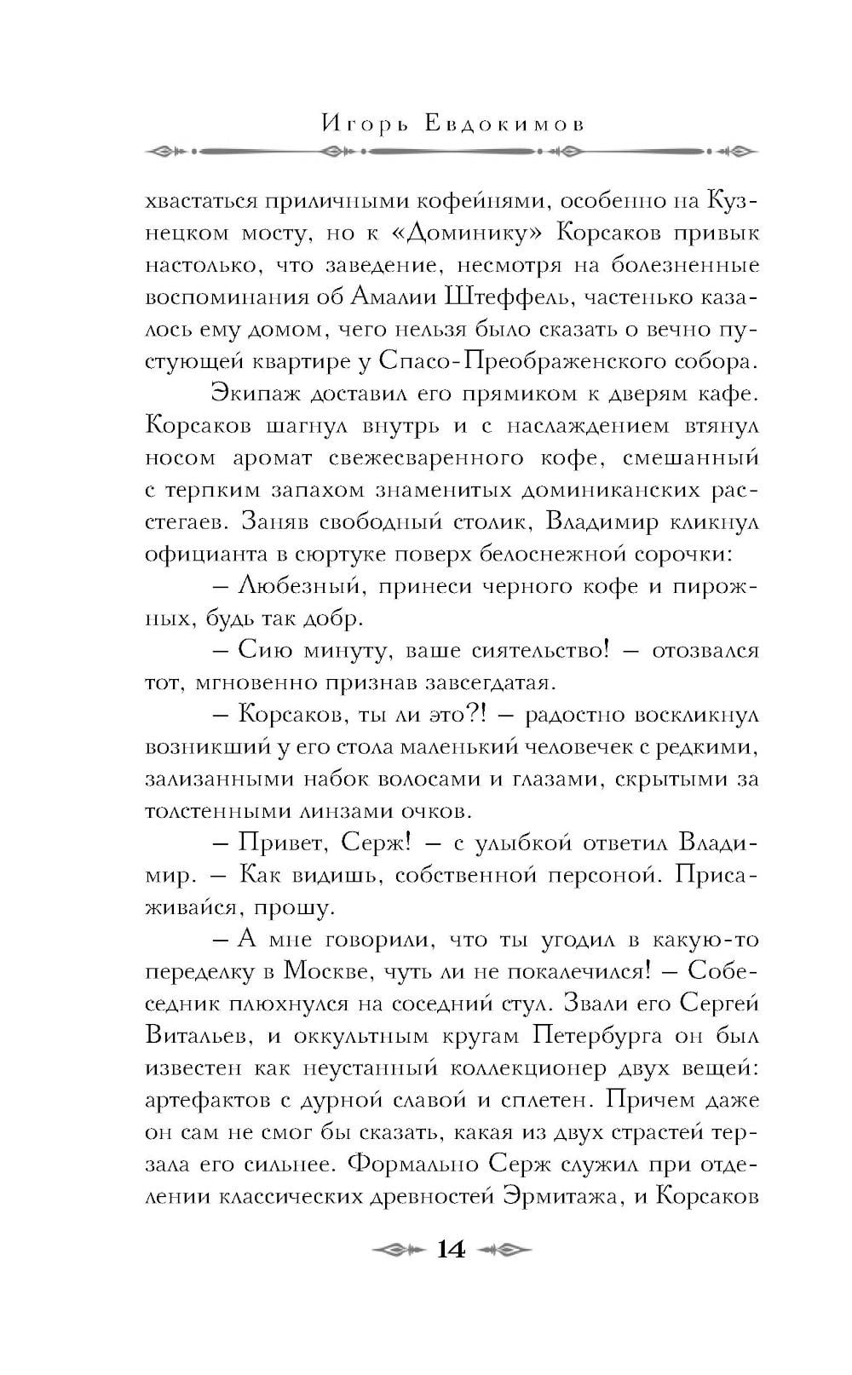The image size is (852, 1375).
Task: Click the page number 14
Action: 451,1250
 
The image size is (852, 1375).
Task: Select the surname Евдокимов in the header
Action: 504,124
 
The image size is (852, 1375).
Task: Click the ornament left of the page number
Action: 394,1251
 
